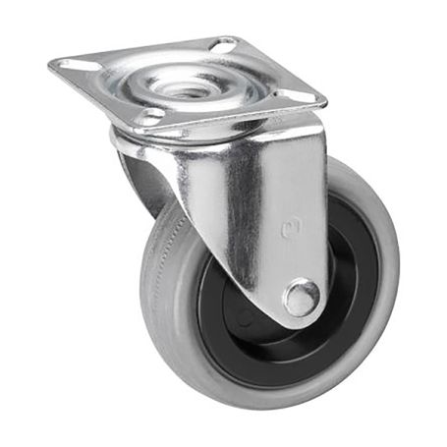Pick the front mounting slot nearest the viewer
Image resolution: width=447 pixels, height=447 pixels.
coord(150,116)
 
